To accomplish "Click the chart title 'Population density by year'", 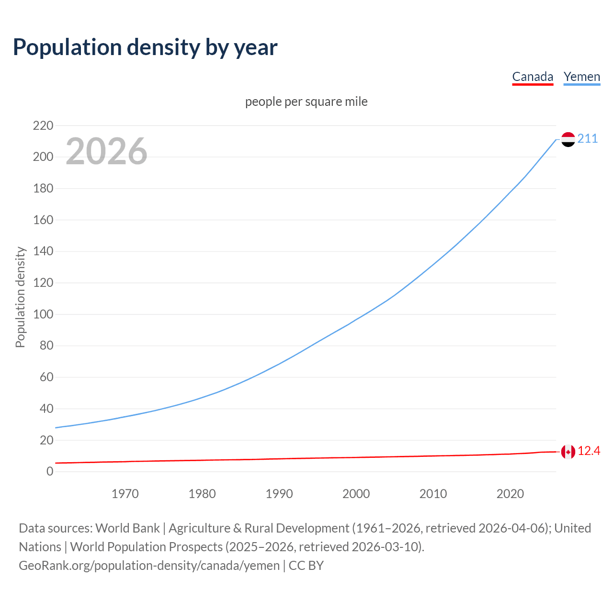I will pyautogui.click(x=145, y=47).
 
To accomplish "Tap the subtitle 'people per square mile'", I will pyautogui.click(x=306, y=102).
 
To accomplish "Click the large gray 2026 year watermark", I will pyautogui.click(x=106, y=151).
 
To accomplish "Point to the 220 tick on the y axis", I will pyautogui.click(x=43, y=125).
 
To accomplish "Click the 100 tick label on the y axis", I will pyautogui.click(x=43, y=314).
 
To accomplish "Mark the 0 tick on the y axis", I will pyautogui.click(x=50, y=471).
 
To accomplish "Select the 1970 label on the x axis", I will pyautogui.click(x=125, y=494).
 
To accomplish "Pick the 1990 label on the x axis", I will pyautogui.click(x=279, y=494).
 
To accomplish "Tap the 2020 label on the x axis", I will pyautogui.click(x=510, y=494).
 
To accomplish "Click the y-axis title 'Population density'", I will pyautogui.click(x=20, y=297).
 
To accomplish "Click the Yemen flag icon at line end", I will pyautogui.click(x=568, y=139).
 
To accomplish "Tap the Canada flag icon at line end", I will pyautogui.click(x=568, y=452).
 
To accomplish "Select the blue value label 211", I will pyautogui.click(x=588, y=139).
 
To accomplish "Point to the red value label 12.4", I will pyautogui.click(x=589, y=451).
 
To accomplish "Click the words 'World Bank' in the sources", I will pyautogui.click(x=127, y=528).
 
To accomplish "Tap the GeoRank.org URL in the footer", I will pyautogui.click(x=149, y=565).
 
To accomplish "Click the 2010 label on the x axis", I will pyautogui.click(x=433, y=494).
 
